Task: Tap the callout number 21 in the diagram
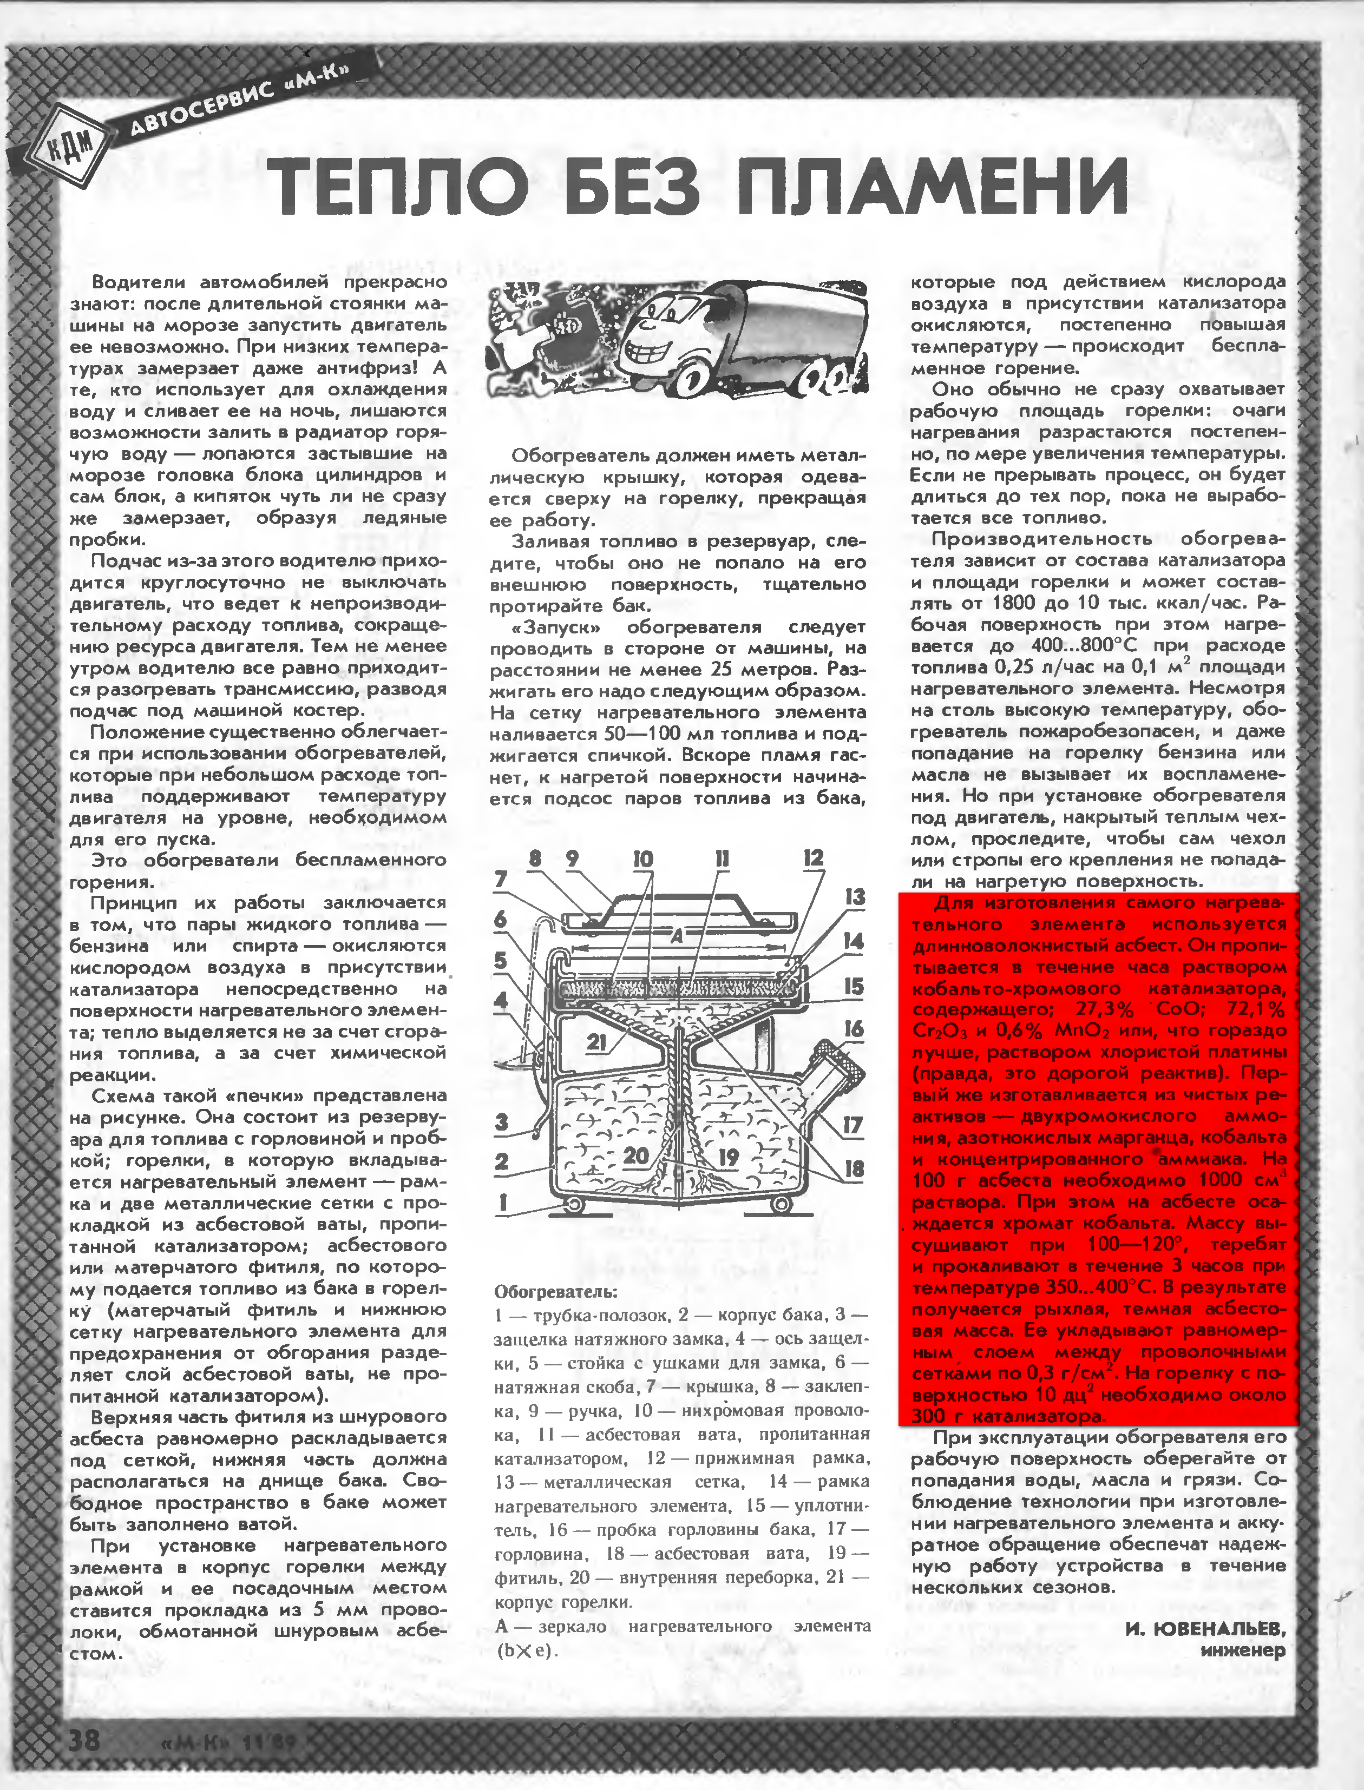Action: pos(596,1041)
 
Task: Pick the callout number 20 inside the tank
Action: pos(635,1154)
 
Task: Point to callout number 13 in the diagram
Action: pos(855,897)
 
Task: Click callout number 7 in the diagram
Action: pos(501,879)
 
